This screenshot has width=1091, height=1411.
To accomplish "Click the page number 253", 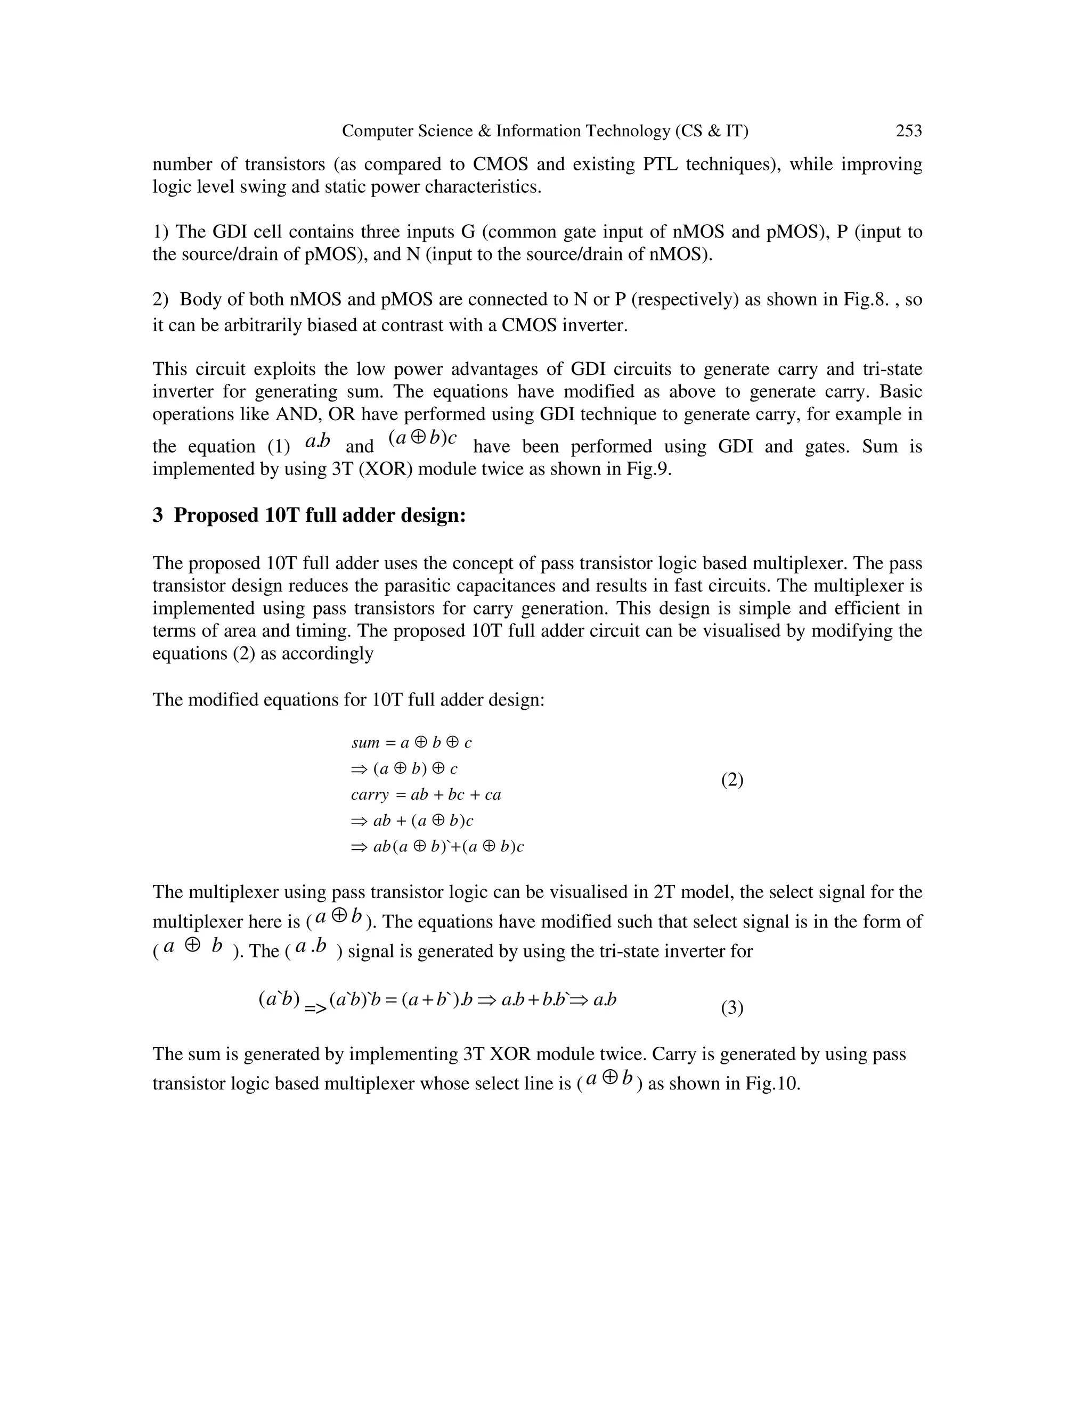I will [x=908, y=131].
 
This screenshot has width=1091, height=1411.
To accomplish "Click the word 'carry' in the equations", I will [x=370, y=794].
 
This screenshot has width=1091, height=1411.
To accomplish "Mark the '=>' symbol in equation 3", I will [x=315, y=1008].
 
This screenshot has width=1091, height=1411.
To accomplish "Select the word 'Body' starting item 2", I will [x=198, y=300].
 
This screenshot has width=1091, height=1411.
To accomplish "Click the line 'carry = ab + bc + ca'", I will [x=426, y=794].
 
